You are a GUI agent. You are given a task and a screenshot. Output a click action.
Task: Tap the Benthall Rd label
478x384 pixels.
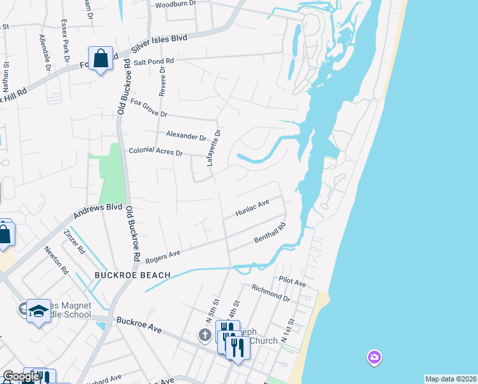click(x=269, y=232)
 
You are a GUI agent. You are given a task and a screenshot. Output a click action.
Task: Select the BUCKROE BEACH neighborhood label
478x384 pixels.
click(x=132, y=275)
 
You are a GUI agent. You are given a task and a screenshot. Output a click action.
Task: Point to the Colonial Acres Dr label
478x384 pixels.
click(x=156, y=153)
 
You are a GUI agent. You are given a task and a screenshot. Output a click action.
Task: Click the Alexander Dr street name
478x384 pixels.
click(x=186, y=136)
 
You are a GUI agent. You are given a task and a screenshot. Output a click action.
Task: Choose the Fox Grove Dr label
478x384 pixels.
click(x=148, y=108)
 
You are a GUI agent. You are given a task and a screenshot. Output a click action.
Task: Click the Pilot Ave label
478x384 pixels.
click(x=293, y=282)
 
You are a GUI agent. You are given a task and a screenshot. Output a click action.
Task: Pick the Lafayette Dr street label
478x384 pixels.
click(x=213, y=148)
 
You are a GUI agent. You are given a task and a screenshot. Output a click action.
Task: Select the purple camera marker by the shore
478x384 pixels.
click(x=374, y=356)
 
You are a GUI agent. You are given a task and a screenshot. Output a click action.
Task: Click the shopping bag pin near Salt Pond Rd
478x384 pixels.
click(x=100, y=59)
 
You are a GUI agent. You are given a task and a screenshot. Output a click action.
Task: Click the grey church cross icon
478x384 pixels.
click(x=204, y=335)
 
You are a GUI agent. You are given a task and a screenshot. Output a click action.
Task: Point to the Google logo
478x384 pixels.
click(x=21, y=377)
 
